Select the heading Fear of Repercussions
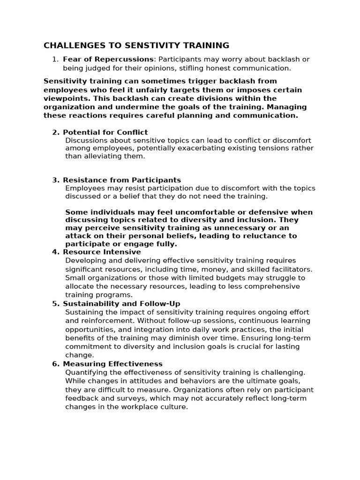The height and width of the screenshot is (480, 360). pyautogui.click(x=108, y=59)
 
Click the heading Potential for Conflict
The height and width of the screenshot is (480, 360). pyautogui.click(x=105, y=132)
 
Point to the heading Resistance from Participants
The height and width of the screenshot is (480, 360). pyautogui.click(x=122, y=180)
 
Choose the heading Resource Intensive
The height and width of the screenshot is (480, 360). pyautogui.click(x=102, y=252)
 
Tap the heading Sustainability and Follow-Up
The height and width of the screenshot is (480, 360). pyautogui.click(x=121, y=304)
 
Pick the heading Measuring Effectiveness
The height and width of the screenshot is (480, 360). pyautogui.click(x=112, y=364)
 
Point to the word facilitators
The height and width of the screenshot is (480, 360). pyautogui.click(x=289, y=269)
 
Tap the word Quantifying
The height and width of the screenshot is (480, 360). pyautogui.click(x=88, y=372)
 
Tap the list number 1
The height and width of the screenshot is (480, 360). pyautogui.click(x=55, y=59)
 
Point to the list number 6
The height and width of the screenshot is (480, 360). pyautogui.click(x=55, y=364)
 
